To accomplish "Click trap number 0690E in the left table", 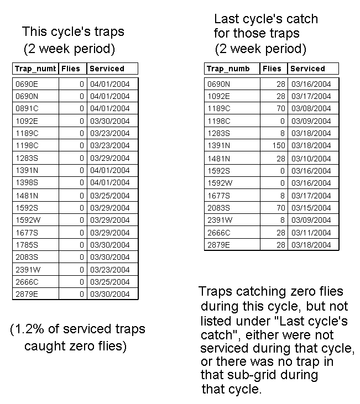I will pos(27,84).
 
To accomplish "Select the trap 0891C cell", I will pos(27,109).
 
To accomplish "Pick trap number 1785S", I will pos(27,245).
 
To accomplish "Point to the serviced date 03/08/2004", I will pos(310,109).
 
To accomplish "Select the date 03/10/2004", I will pos(310,159).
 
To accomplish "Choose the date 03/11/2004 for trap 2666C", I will pos(310,233).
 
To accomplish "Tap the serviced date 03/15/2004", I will pos(310,208).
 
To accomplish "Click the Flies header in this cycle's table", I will pos(71,69).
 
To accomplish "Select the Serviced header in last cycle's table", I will pos(307,69).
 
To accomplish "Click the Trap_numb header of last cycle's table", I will pos(228,69).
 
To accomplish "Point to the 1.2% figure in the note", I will pos(31,330).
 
